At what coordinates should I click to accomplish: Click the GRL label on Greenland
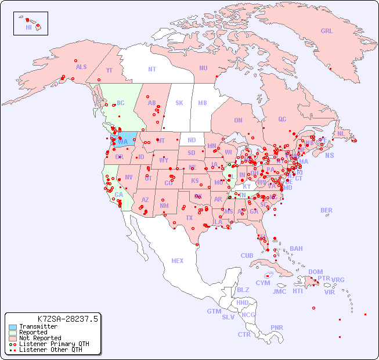click(327, 31)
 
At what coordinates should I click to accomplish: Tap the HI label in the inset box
click(28, 27)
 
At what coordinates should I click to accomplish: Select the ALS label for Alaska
click(81, 67)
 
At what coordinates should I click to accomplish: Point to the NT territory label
click(152, 69)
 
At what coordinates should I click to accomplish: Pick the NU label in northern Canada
click(203, 68)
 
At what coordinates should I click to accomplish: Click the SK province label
click(179, 103)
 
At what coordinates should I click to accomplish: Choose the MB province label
click(202, 103)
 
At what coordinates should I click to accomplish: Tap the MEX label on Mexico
click(178, 261)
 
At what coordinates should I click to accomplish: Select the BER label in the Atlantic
click(326, 210)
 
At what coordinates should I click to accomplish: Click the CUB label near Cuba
click(247, 255)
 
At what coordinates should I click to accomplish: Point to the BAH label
click(296, 249)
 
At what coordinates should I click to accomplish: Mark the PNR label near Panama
click(277, 327)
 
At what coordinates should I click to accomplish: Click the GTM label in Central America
click(214, 311)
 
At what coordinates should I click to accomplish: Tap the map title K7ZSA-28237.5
click(68, 319)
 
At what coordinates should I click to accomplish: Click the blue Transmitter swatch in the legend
click(12, 327)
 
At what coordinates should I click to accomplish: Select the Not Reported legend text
click(40, 338)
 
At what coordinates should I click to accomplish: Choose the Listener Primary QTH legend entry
click(50, 344)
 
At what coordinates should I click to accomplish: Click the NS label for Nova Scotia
click(329, 155)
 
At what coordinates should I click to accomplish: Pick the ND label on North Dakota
click(192, 140)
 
